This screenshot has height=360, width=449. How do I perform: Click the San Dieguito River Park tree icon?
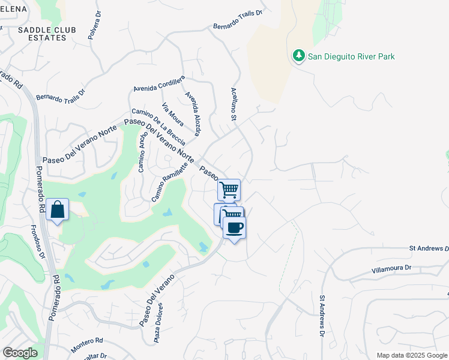[x=298, y=56]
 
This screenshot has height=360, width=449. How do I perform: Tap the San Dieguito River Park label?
[x=351, y=57]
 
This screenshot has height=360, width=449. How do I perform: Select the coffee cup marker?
[x=234, y=227]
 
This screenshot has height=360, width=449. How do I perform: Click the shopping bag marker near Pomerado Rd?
[x=57, y=210]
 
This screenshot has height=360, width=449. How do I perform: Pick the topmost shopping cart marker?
[x=229, y=190]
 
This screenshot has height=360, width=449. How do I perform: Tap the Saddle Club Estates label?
[x=41, y=34]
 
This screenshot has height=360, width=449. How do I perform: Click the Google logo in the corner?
[x=20, y=353]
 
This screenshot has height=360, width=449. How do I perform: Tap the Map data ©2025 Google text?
[x=411, y=355]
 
